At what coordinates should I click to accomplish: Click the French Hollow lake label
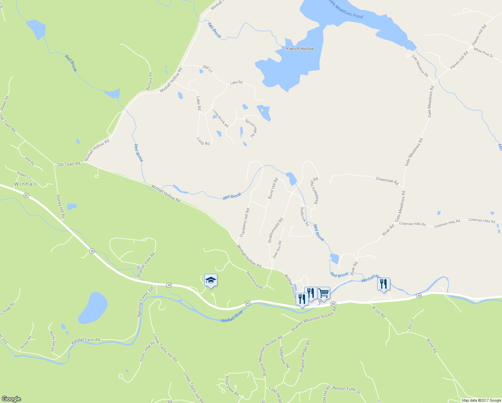(x=300, y=49)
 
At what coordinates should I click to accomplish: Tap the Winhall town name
(x=26, y=184)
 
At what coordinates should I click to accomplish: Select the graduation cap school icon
(x=211, y=280)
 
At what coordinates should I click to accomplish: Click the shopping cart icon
(x=323, y=293)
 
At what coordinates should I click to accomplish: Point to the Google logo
(x=11, y=399)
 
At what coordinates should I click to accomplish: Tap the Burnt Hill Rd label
(x=273, y=188)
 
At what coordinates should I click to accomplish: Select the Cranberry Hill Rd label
(x=245, y=223)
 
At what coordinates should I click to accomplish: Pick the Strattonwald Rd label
(x=275, y=230)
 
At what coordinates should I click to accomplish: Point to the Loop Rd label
(x=203, y=141)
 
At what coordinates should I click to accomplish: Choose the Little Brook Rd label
(x=220, y=118)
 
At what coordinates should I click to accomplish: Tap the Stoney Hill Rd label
(x=60, y=206)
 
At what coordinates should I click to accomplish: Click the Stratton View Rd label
(x=146, y=265)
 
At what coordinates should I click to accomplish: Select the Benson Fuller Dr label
(x=346, y=390)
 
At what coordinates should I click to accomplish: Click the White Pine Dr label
(x=483, y=53)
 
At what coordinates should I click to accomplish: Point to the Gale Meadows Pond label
(x=346, y=10)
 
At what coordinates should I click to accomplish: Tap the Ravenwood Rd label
(x=254, y=280)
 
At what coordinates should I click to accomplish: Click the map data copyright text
(x=481, y=400)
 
